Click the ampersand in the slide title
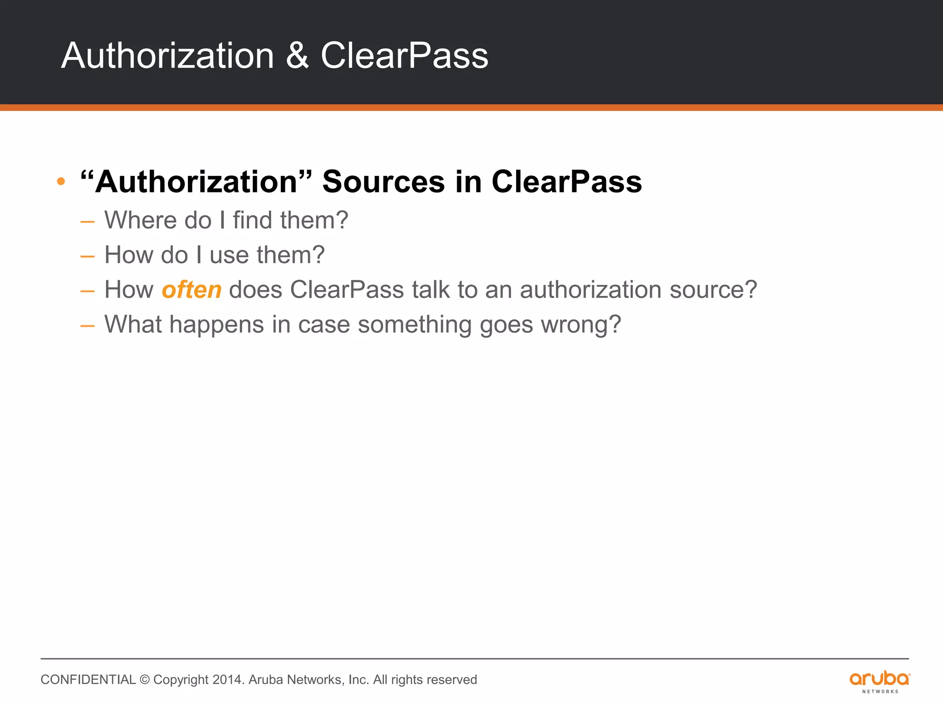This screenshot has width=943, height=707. pyautogui.click(x=297, y=56)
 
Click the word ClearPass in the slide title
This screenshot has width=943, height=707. pyautogui.click(x=404, y=56)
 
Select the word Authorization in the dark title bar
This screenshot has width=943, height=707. pyautogui.click(x=168, y=56)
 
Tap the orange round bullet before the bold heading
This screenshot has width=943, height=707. pyautogui.click(x=61, y=181)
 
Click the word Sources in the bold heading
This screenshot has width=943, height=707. pyautogui.click(x=383, y=181)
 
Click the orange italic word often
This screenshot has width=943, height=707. pyautogui.click(x=192, y=290)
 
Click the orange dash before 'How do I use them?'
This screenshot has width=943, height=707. pyautogui.click(x=87, y=256)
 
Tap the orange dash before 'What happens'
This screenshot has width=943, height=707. pyautogui.click(x=87, y=326)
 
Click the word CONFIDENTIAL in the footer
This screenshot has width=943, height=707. pyautogui.click(x=88, y=680)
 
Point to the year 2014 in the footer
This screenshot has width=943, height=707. pyautogui.click(x=227, y=680)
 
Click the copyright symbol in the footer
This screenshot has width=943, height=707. pyautogui.click(x=145, y=680)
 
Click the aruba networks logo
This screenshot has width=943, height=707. pyautogui.click(x=879, y=681)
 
